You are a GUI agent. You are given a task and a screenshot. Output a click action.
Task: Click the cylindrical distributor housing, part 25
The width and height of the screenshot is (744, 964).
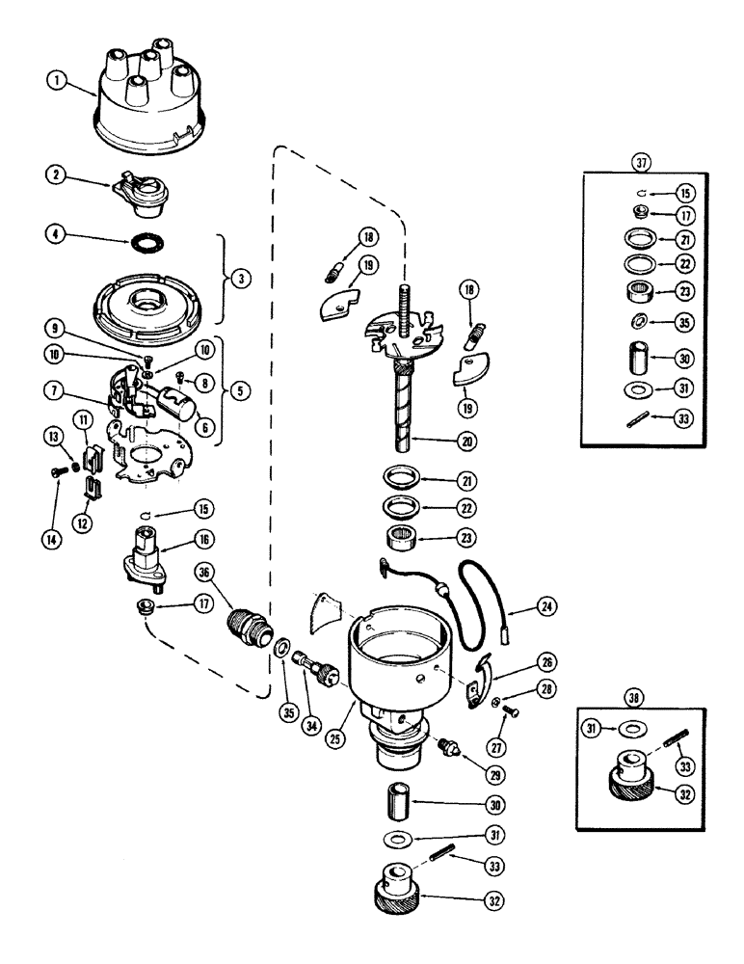[400, 665]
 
